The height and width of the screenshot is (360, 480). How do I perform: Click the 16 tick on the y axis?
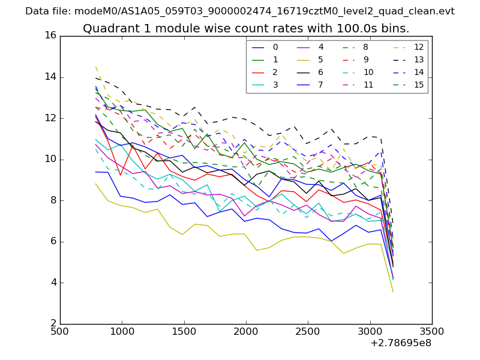50,35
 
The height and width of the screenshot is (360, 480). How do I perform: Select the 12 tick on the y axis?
50,118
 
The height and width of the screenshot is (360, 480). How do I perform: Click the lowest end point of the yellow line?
393,292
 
